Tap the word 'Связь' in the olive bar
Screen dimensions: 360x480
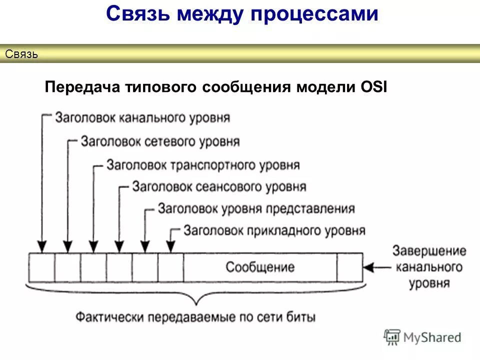(21, 54)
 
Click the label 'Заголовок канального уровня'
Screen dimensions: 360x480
(142, 118)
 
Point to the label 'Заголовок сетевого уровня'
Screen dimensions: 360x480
(160, 141)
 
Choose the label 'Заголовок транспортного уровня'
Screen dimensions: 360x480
(203, 165)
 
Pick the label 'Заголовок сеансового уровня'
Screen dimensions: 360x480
(219, 187)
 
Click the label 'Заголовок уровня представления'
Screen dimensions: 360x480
(256, 209)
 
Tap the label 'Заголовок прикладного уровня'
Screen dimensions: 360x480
(274, 231)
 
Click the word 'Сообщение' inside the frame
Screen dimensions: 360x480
(260, 267)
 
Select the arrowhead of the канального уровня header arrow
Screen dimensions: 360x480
(42, 246)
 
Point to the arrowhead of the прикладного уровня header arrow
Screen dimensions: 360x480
(171, 246)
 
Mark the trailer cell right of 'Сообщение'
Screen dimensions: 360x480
(349, 267)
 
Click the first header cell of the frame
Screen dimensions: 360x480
(41, 267)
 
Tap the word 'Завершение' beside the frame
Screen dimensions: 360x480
(429, 251)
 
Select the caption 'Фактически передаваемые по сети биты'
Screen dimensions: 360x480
(196, 317)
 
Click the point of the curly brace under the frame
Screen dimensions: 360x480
(196, 303)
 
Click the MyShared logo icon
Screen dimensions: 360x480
(392, 337)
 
